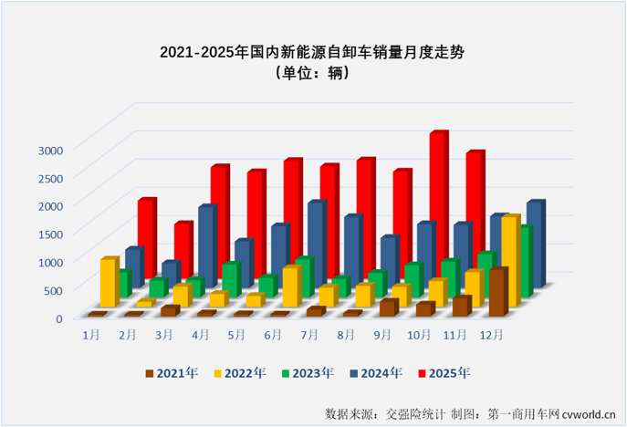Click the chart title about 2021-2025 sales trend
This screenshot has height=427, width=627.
[313, 52]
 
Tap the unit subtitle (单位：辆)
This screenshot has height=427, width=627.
[313, 74]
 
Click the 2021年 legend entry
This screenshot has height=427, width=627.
[173, 372]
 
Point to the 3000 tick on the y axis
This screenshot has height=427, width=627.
[49, 149]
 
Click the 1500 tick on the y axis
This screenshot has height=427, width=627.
[49, 234]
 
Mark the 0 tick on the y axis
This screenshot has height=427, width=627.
[58, 318]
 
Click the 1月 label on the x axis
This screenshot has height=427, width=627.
[91, 335]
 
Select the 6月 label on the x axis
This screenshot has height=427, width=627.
[272, 335]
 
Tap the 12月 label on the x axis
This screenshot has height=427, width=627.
[490, 335]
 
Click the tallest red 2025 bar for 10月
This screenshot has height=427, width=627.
[438, 182]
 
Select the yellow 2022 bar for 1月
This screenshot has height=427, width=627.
[109, 283]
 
